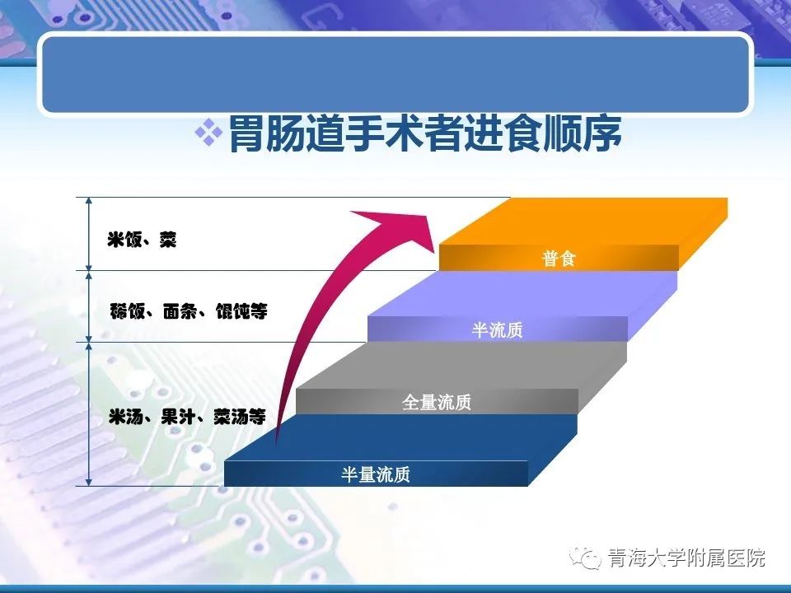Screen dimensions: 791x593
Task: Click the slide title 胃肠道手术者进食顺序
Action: tap(425, 134)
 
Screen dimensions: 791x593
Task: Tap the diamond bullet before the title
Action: tap(208, 133)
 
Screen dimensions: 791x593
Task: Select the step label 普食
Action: tap(559, 258)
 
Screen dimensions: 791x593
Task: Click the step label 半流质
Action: tap(498, 329)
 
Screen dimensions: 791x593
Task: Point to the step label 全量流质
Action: tap(437, 402)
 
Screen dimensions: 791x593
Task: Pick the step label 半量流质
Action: tap(376, 474)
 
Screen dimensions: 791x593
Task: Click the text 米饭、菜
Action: tap(142, 240)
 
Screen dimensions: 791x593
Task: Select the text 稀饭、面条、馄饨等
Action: tap(189, 311)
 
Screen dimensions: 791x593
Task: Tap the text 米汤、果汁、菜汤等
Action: tap(187, 417)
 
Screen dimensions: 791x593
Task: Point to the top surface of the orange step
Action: tap(583, 222)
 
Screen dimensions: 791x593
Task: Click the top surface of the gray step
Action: tap(461, 366)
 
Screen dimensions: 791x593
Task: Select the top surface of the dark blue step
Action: tap(400, 437)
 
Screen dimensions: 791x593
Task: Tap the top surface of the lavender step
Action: tap(522, 293)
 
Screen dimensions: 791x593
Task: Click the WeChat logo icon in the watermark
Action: tap(586, 558)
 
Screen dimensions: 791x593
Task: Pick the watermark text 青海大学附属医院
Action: tap(686, 558)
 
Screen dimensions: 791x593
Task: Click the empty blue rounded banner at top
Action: tap(395, 74)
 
